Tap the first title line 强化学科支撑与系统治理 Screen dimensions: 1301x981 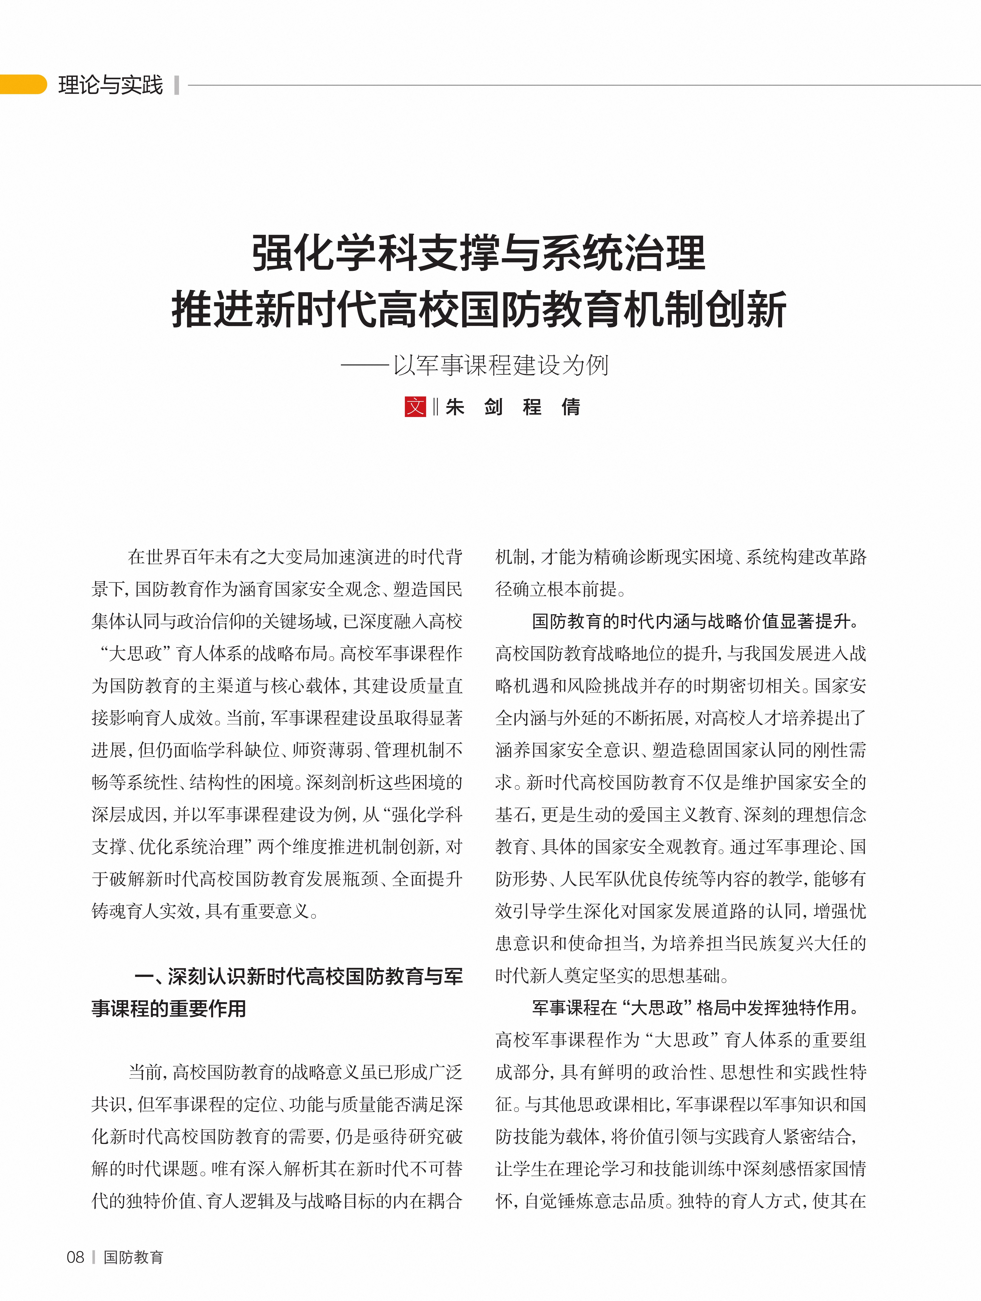click(479, 253)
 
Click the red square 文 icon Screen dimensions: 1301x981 click(415, 406)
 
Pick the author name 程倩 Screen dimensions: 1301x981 click(551, 406)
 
